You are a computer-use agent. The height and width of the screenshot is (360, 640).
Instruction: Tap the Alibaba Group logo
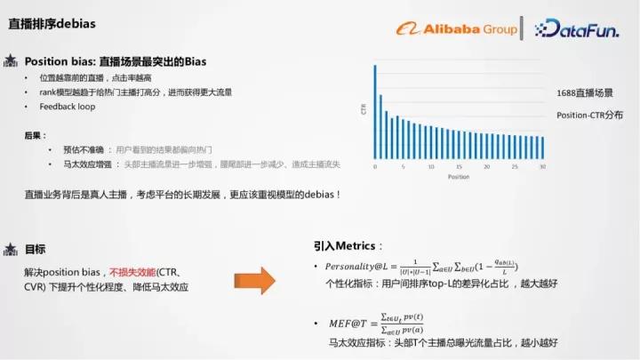click(457, 29)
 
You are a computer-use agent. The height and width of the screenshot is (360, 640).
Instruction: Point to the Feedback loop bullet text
click(68, 107)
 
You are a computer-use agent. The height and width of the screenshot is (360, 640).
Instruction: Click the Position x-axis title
click(458, 177)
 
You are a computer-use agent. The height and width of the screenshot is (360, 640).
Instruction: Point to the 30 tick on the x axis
click(542, 167)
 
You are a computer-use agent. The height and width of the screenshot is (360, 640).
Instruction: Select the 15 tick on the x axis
click(459, 167)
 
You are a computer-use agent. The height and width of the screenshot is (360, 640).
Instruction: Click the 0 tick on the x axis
click(375, 167)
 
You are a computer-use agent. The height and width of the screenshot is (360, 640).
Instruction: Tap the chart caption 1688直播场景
click(584, 92)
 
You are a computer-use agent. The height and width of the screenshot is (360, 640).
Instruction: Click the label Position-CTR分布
click(589, 116)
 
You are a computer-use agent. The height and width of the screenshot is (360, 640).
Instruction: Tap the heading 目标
click(35, 249)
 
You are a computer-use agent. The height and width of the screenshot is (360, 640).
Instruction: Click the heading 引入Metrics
click(349, 245)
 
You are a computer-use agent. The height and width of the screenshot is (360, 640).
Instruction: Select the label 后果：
click(35, 135)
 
